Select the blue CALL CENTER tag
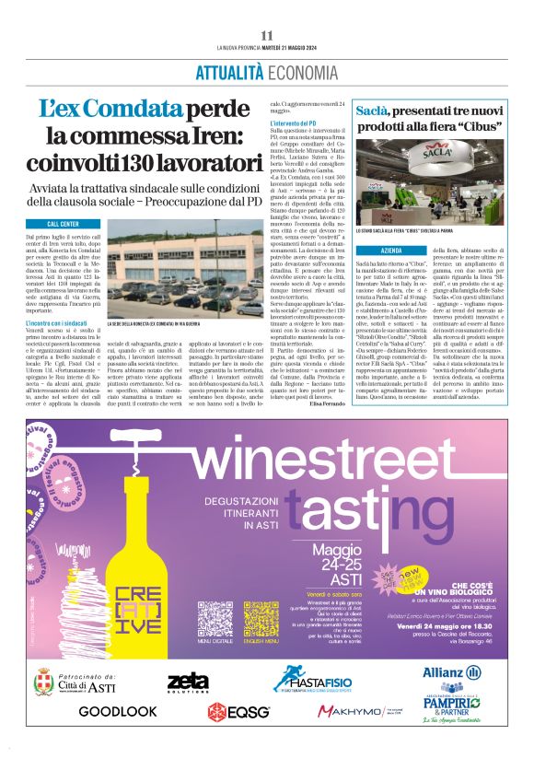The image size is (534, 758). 63,224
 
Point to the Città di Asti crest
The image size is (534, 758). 42,683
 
